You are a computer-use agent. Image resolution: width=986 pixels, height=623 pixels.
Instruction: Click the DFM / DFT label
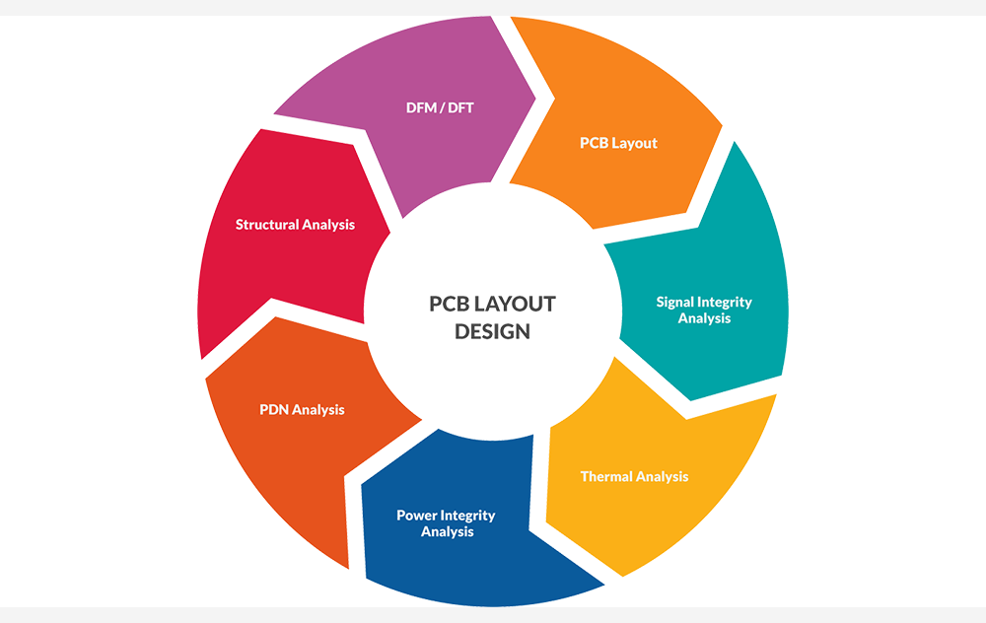pos(440,107)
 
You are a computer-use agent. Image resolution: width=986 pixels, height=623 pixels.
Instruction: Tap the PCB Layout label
pos(618,143)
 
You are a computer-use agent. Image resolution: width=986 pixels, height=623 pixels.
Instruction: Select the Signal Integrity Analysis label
pos(704,310)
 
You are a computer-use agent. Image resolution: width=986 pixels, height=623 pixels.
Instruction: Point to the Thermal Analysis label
pos(634,477)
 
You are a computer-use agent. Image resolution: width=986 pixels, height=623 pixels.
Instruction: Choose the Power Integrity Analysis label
pos(447,523)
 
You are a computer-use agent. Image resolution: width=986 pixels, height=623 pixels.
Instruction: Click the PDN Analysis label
pos(302,409)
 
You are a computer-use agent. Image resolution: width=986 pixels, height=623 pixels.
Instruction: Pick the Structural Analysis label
pos(295,225)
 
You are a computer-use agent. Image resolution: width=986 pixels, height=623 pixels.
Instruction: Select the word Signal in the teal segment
pos(675,302)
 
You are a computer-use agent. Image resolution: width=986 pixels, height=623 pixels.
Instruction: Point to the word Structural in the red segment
pos(266,225)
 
